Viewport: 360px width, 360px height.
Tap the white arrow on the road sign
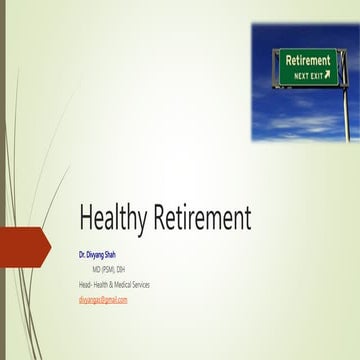pyautogui.click(x=326, y=74)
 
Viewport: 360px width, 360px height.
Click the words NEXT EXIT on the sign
pyautogui.click(x=302, y=74)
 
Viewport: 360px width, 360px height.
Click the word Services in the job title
pyautogui.click(x=159, y=285)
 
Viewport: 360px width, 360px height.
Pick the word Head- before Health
pyautogui.click(x=86, y=285)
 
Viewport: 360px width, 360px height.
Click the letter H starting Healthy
pyautogui.click(x=87, y=218)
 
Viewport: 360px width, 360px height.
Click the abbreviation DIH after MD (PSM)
pyautogui.click(x=121, y=270)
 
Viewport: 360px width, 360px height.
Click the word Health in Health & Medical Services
pyautogui.click(x=105, y=285)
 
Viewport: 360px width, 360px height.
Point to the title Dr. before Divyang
pyautogui.click(x=83, y=257)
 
